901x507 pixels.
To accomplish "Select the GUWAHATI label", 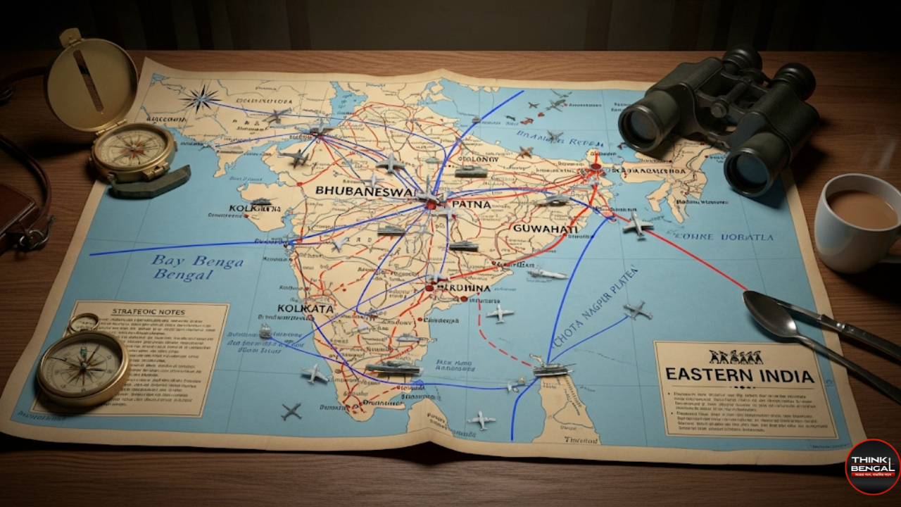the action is (546, 230).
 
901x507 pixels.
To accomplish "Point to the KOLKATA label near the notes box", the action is (305, 308).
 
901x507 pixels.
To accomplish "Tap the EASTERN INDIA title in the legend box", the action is (740, 375).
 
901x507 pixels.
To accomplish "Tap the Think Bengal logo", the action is (872, 466).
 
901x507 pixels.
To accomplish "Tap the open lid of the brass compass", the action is (91, 80).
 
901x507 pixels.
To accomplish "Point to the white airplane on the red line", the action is (637, 225).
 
